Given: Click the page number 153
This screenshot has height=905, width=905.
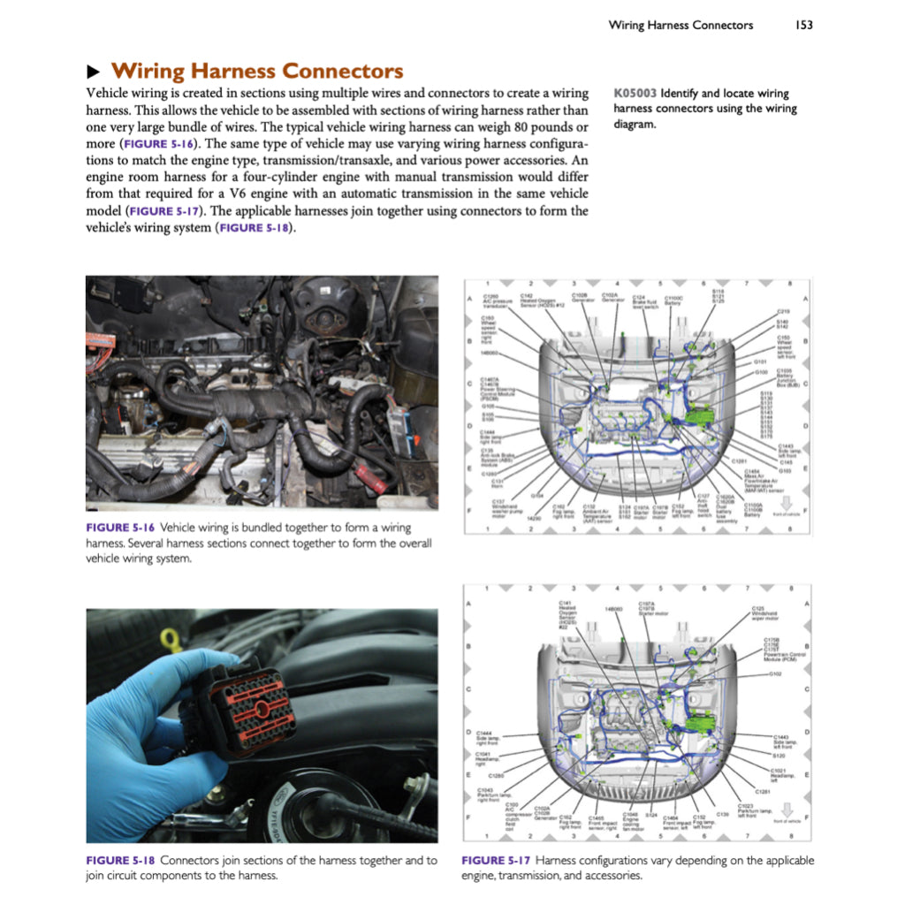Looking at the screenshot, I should coord(803,25).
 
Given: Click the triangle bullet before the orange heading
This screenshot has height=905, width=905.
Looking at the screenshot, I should coord(93,72).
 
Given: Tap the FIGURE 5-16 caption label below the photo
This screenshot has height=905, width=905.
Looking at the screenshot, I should coord(119,528).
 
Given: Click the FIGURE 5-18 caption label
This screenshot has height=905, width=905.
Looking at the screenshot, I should coord(119,860).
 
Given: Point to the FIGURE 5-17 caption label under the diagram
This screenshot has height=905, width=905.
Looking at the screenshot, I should coord(496,860).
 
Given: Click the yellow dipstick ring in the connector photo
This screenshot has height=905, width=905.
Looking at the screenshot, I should coord(171,638).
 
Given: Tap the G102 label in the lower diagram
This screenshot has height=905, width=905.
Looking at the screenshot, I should coord(774,673).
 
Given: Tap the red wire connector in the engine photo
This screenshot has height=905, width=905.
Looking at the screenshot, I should coord(371,483).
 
